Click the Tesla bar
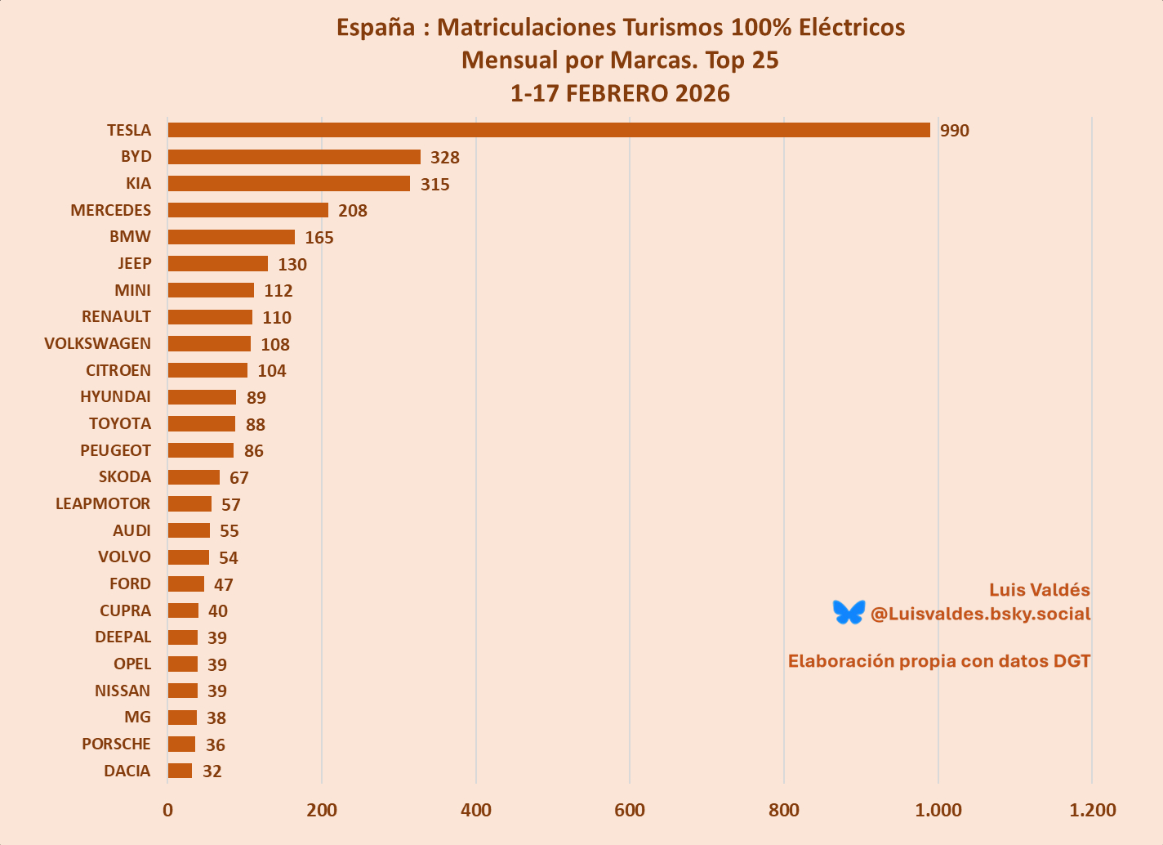549,130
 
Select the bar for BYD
294,157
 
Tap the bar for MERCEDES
248,210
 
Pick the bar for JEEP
218,263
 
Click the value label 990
954,131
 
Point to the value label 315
435,185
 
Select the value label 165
319,238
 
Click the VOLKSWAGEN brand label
98,343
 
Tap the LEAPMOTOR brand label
103,503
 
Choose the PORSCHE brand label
116,744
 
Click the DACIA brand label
127,771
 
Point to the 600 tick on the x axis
630,810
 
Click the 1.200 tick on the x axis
1093,810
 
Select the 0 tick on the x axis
168,810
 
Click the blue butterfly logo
849,612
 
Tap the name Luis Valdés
1039,590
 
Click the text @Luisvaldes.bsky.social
980,614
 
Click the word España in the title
376,28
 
